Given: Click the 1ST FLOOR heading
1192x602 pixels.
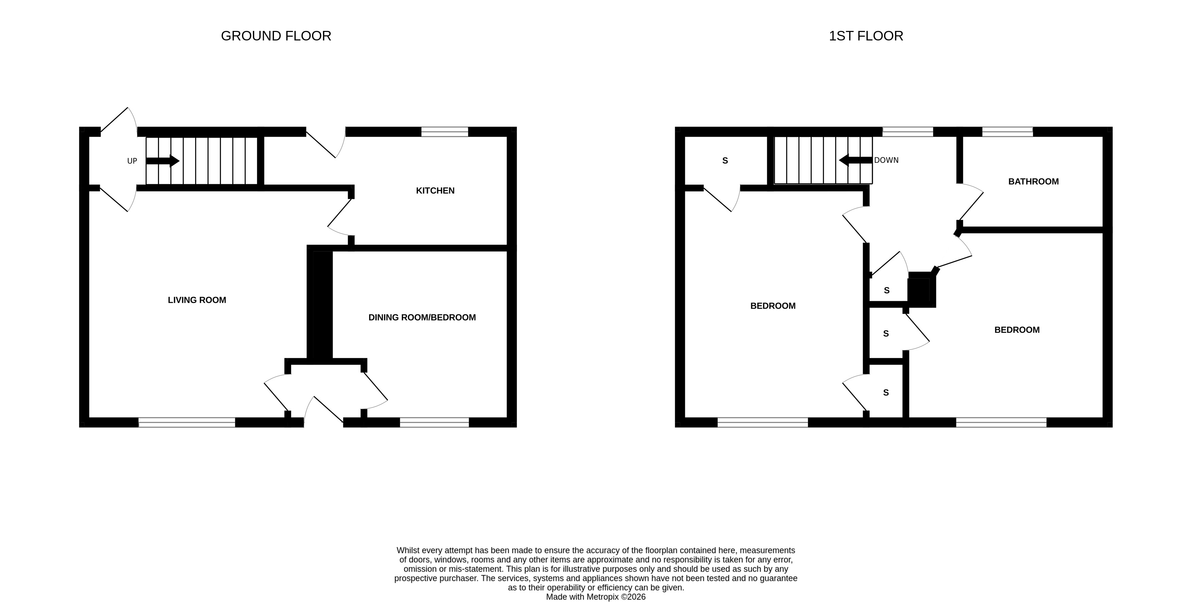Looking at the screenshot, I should [865, 36].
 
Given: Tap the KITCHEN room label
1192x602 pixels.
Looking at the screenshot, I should [435, 191].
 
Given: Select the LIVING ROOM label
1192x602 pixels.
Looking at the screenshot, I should [197, 300].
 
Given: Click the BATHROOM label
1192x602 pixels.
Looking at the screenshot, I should [1033, 182].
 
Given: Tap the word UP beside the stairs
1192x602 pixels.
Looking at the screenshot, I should [132, 161].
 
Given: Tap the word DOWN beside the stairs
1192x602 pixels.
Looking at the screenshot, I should [886, 160].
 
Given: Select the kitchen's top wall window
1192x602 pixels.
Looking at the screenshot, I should [444, 132].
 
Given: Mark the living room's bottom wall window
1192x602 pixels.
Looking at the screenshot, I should [187, 422].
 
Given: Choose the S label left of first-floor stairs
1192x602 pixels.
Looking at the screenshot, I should [725, 160].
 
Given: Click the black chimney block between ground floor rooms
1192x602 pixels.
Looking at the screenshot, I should [320, 305].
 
